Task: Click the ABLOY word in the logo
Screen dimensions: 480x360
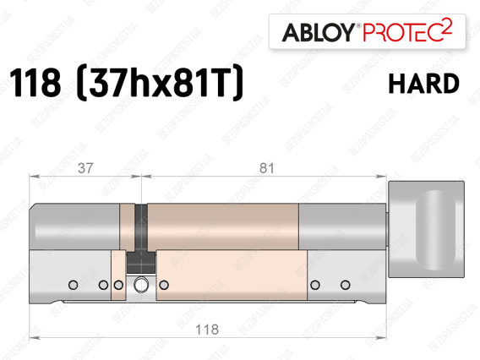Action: coord(319,32)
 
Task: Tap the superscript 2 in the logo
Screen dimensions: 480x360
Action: coord(447,27)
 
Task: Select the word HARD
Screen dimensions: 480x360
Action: coord(423,84)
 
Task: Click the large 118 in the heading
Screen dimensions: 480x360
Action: coord(35,83)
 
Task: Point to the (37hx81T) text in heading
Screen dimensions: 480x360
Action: coord(159,84)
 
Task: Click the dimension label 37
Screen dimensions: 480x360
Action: coord(85,168)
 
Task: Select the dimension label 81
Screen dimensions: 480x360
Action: coord(267,168)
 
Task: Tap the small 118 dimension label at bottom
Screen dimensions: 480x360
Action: coord(207,330)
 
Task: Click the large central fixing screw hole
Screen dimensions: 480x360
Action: coord(141,285)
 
